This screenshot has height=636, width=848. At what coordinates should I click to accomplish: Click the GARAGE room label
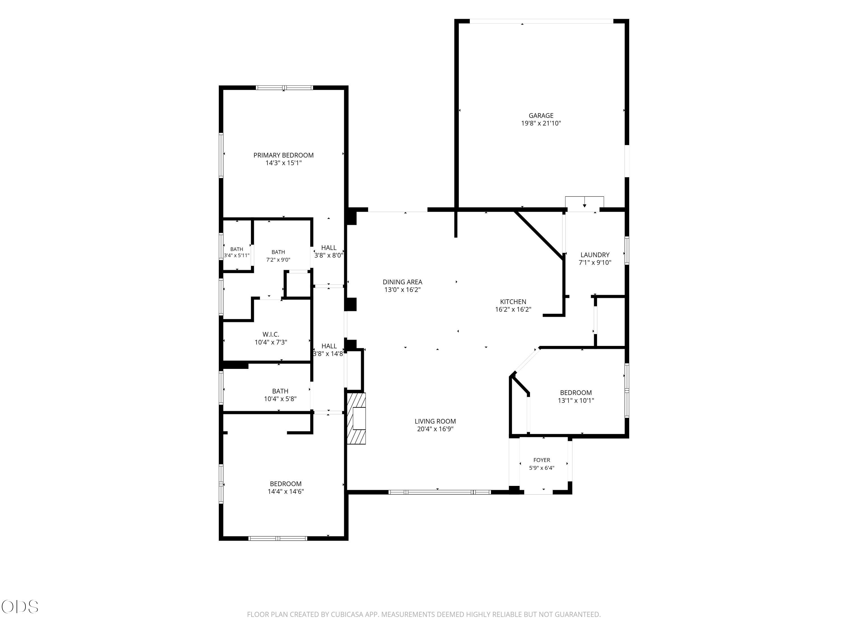541,115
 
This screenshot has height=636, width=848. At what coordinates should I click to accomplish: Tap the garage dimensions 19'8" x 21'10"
541,124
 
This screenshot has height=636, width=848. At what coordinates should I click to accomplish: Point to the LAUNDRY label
595,255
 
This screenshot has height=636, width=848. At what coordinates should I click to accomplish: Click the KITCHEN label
513,302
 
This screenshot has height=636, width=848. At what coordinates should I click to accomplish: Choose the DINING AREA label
403,282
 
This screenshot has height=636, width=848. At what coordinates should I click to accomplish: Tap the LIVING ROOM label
435,421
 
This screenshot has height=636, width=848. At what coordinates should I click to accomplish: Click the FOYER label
542,460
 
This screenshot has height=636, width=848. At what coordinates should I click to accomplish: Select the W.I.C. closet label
271,335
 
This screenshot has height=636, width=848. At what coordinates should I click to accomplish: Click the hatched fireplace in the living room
356,418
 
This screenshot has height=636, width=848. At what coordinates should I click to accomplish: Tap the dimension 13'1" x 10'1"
576,401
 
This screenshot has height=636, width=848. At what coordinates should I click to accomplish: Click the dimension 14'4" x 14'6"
285,492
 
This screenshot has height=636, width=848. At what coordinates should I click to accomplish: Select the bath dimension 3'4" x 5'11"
237,255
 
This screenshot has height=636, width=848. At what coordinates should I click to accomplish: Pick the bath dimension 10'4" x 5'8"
280,399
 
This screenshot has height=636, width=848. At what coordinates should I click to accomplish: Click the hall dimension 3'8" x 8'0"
328,255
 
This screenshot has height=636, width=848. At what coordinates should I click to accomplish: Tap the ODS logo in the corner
20,607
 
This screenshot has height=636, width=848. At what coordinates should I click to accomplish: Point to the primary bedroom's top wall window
284,88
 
